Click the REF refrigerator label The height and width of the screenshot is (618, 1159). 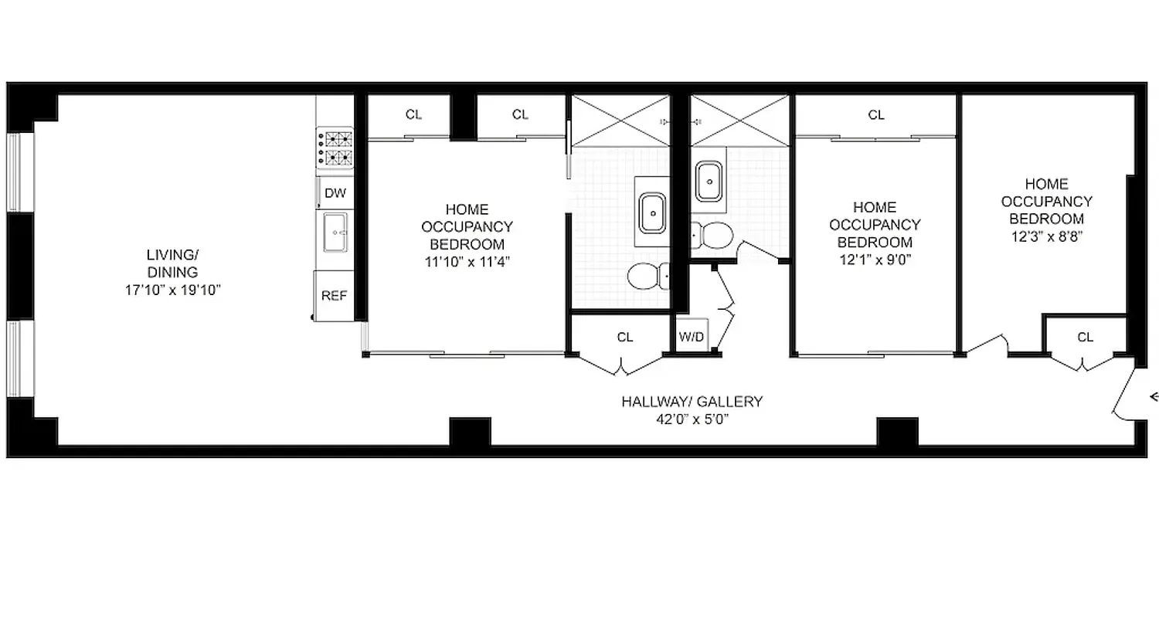(334, 295)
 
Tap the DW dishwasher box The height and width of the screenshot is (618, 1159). (335, 193)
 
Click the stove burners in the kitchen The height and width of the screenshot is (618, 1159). (338, 149)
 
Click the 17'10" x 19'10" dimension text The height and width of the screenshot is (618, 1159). (173, 290)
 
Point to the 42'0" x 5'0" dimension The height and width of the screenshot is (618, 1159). (692, 419)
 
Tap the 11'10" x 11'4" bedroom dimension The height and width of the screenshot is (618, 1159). (467, 261)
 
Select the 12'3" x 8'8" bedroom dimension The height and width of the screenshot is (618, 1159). (1048, 236)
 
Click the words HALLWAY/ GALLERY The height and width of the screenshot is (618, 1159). (692, 402)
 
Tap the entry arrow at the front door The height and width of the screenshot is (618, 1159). (1154, 397)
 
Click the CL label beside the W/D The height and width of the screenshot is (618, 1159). (624, 337)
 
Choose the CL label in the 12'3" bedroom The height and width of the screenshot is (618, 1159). (1085, 337)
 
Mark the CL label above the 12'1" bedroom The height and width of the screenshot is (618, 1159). (875, 115)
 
